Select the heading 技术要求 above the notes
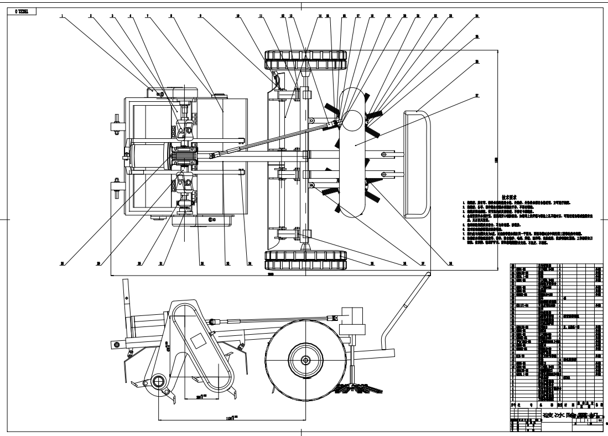click(x=508, y=197)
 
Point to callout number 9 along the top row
click(x=201, y=16)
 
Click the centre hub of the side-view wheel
click(x=305, y=359)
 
